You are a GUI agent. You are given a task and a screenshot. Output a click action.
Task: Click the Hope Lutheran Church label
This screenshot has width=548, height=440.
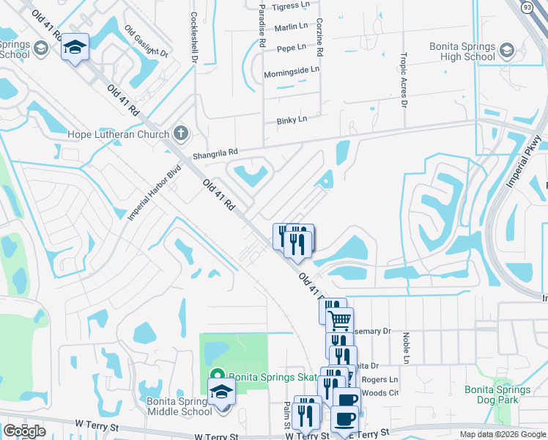(x=119, y=134)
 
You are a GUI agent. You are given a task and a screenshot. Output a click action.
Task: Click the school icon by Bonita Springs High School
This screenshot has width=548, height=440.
(x=507, y=51)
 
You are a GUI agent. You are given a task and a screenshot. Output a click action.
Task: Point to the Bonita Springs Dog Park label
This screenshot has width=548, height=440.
(x=497, y=395)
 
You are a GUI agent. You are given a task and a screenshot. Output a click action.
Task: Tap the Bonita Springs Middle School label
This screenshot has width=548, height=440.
(x=179, y=406)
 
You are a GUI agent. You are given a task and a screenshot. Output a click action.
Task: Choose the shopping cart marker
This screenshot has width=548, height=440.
(x=339, y=320)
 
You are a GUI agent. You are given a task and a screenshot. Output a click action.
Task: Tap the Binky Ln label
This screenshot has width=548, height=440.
(x=292, y=120)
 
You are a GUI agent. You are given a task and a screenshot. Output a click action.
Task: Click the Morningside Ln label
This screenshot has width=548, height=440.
(x=292, y=70)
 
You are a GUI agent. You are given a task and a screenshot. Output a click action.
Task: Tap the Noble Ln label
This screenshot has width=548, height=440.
(x=405, y=347)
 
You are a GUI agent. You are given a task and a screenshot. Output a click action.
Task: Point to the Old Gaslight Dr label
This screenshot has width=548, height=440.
(x=147, y=42)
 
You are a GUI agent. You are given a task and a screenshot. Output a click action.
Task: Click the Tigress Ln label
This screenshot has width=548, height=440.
(x=290, y=5)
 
